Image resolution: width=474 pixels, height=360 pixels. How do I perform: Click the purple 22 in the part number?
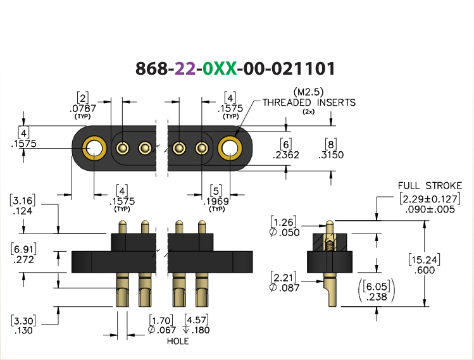[x=185, y=68]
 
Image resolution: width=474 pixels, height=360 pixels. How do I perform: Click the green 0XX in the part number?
[x=220, y=68]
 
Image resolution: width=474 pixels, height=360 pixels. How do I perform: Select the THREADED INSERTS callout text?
[x=309, y=102]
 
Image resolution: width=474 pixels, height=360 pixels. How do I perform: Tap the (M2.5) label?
[x=308, y=92]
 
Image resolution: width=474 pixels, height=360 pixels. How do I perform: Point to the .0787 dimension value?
[x=82, y=108]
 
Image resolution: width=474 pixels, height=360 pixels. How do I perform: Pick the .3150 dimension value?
[x=331, y=155]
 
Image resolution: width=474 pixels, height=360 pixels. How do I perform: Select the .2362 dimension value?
[x=285, y=155]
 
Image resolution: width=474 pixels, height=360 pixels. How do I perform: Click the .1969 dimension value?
[x=216, y=201]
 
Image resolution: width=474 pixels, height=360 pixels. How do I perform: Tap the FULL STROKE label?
[x=430, y=185]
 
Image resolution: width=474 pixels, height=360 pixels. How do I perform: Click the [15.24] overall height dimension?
[x=425, y=260]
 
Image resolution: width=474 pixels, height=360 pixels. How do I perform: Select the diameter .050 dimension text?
[x=284, y=232]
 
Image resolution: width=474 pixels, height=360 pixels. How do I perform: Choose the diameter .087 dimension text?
[x=284, y=288]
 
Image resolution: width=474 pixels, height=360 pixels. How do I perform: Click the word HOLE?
[x=178, y=341]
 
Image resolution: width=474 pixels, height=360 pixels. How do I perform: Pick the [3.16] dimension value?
[x=23, y=201]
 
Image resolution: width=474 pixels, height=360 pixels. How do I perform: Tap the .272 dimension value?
[x=23, y=259]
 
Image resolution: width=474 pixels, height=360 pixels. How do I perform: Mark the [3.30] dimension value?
[x=23, y=320]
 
